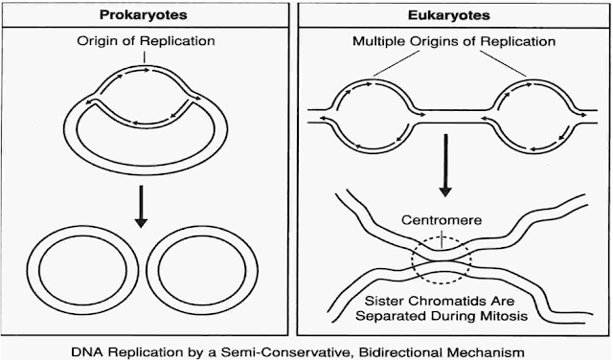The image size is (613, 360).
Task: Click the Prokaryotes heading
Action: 143,15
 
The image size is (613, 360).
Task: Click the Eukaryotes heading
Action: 449,15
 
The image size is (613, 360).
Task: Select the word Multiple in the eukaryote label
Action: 378,41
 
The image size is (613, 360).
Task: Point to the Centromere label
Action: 442,219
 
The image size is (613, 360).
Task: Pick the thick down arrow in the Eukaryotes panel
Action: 445,165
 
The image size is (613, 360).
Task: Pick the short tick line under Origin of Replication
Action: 145,57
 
